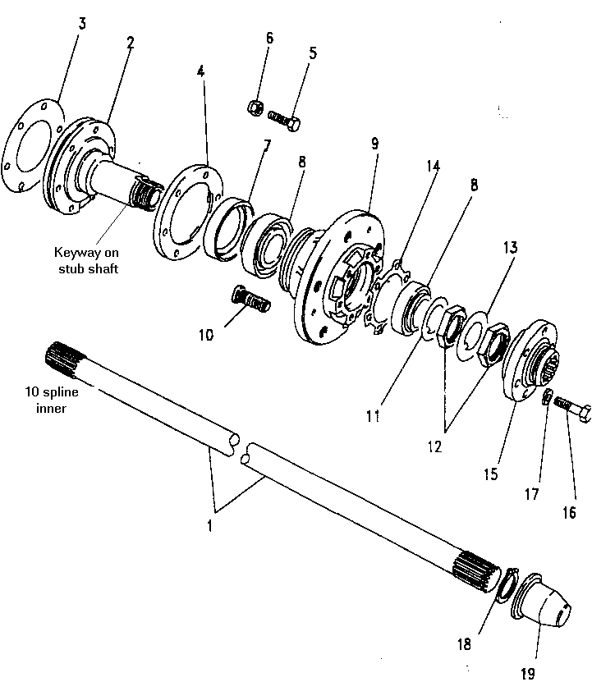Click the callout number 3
tap(81, 22)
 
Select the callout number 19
tap(527, 673)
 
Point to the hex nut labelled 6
tap(255, 107)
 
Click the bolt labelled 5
tap(286, 121)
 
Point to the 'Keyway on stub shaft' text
tap(86, 260)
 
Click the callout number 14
tap(433, 166)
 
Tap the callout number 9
tap(374, 143)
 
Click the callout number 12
tap(434, 447)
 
